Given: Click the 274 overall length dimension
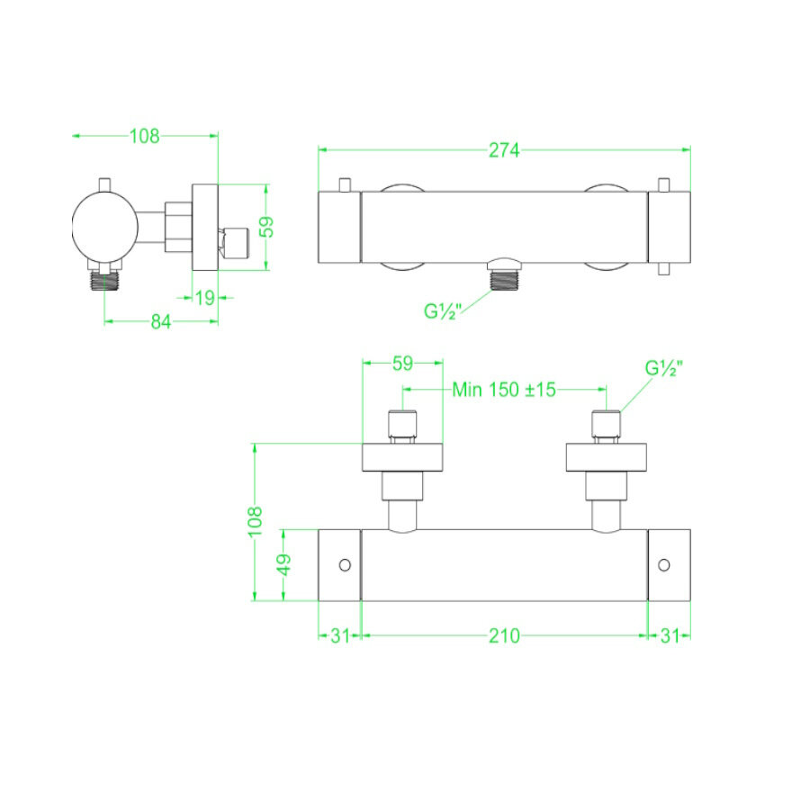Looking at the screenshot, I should [x=504, y=150].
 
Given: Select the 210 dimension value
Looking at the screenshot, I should [x=504, y=635].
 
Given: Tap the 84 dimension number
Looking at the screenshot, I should [x=160, y=322].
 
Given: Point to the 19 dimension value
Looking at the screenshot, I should [x=205, y=297].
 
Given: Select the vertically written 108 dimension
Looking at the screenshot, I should [x=256, y=521].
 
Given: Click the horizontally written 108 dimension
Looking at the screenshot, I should [x=144, y=136].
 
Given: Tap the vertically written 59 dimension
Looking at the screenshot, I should [x=266, y=226].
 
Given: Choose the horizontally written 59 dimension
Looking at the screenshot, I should [x=402, y=364].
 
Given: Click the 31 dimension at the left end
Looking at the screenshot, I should [x=339, y=635].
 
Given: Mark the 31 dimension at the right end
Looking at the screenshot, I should [x=669, y=635].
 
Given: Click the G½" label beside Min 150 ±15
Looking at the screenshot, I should [x=664, y=368].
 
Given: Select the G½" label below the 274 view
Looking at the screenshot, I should [x=443, y=311].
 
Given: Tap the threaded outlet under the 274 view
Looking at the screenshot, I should [x=505, y=279].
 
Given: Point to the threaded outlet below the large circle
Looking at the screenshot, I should [x=105, y=282].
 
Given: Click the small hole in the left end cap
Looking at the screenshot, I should [x=344, y=564].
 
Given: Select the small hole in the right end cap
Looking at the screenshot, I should [x=664, y=564].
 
